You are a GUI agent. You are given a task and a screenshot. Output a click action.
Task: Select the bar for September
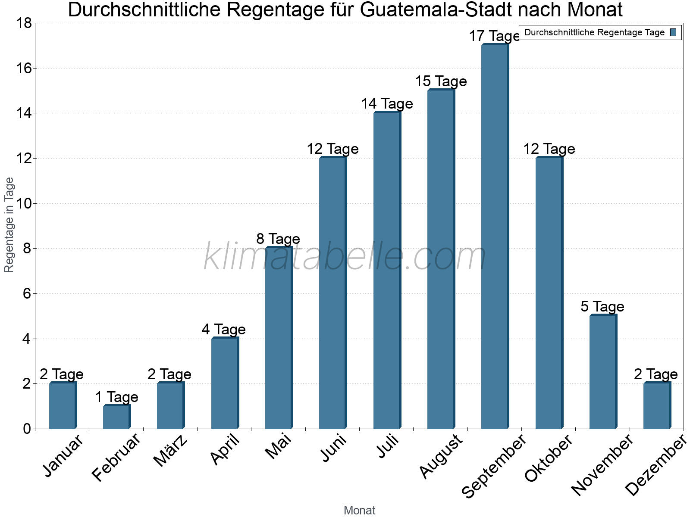(x=495, y=237)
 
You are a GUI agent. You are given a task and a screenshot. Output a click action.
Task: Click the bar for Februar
(x=116, y=417)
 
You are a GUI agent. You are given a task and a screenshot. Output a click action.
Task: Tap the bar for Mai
(x=279, y=338)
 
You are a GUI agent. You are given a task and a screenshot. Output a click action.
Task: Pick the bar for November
(x=603, y=372)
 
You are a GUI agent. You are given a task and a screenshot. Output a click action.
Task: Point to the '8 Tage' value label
(x=278, y=239)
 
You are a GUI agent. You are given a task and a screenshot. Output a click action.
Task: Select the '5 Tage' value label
(x=602, y=306)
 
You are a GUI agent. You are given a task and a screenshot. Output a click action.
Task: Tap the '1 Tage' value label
(x=116, y=397)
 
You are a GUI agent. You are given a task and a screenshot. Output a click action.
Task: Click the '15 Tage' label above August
(x=441, y=81)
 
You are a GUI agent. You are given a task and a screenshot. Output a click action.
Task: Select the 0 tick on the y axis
(x=27, y=429)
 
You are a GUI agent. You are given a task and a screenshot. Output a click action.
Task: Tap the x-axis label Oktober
(x=549, y=458)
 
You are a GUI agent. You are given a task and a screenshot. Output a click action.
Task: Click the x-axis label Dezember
(x=655, y=465)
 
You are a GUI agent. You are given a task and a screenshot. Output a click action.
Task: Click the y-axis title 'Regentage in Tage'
(x=9, y=225)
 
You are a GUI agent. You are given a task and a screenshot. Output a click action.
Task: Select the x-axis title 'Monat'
(x=359, y=510)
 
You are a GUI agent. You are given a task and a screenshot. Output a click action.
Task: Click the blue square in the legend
(x=674, y=32)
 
